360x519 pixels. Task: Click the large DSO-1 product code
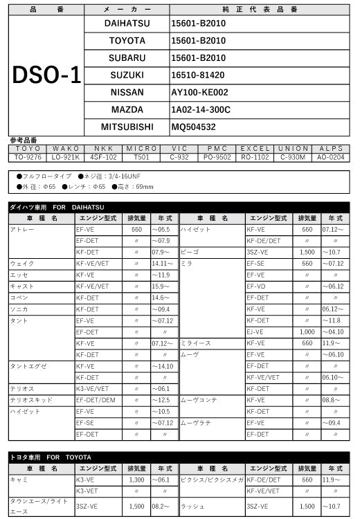click(x=47, y=75)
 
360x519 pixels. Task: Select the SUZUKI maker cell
click(x=127, y=75)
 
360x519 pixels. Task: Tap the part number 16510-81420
click(x=198, y=75)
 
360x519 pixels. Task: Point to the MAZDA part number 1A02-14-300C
click(x=201, y=109)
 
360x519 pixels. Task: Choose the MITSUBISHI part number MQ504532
click(x=194, y=127)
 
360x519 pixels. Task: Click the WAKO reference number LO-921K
click(x=66, y=157)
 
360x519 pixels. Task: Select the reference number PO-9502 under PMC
click(x=217, y=157)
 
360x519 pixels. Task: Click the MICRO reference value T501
click(x=142, y=157)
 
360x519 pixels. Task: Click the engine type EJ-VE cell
click(x=257, y=331)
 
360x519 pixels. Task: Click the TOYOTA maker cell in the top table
click(x=127, y=40)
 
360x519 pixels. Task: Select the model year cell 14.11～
click(x=163, y=264)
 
